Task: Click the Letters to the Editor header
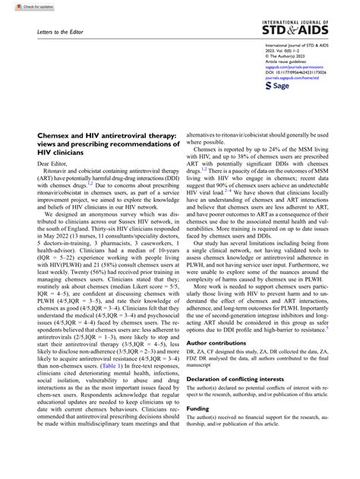(x=61, y=33)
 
